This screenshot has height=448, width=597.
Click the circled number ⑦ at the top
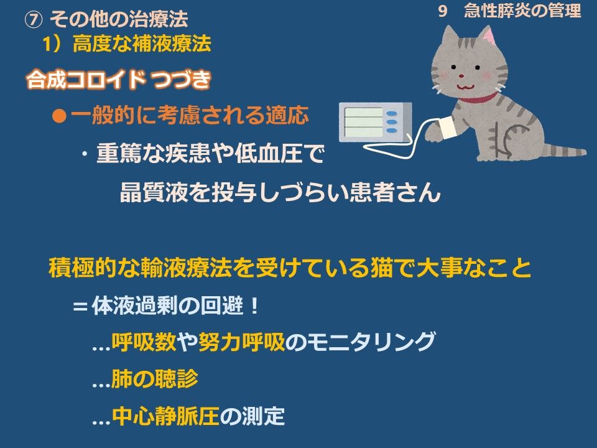[34, 19]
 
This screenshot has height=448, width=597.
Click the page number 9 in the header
[442, 11]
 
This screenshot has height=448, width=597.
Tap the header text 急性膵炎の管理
[522, 11]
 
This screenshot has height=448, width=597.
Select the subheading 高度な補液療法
[142, 43]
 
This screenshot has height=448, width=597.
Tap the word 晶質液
[154, 192]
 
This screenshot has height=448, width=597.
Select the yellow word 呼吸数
[144, 341]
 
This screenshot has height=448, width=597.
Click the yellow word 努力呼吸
[241, 341]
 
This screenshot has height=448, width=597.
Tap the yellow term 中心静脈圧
[165, 416]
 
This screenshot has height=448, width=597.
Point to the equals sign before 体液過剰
[80, 306]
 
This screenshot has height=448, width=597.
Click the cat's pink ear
[488, 35]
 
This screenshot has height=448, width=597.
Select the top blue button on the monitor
[392, 113]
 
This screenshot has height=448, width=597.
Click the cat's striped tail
[564, 150]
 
